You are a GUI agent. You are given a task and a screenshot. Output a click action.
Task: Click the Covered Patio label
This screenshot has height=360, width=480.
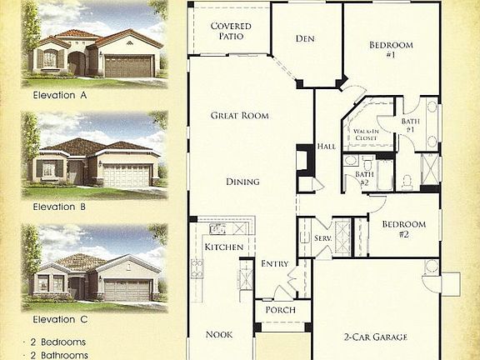231,32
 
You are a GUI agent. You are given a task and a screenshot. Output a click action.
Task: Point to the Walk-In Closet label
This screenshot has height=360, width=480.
367,135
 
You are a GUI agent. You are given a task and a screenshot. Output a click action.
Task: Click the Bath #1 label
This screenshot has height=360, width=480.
410,125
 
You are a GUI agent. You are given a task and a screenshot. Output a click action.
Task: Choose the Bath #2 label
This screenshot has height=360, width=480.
364,179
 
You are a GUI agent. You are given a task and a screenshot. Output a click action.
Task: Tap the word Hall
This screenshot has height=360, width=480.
327,146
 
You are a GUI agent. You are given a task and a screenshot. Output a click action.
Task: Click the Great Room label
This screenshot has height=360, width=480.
239,116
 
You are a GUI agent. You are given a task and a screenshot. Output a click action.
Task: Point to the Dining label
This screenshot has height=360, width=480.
242,182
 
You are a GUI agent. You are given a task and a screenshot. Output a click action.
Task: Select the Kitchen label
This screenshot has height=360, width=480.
223,247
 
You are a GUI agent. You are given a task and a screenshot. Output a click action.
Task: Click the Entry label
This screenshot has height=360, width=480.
274,264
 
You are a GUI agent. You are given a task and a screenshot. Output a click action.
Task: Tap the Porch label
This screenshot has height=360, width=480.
274,310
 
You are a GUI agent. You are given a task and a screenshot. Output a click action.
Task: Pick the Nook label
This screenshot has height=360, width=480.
219,335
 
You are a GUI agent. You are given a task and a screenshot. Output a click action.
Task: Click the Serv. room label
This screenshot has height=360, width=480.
323,238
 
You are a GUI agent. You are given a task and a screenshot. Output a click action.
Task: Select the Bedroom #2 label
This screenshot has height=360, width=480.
403,229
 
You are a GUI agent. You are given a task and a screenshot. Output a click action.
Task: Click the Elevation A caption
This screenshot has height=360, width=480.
60,95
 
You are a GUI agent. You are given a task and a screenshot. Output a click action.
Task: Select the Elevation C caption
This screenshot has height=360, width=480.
60,318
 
